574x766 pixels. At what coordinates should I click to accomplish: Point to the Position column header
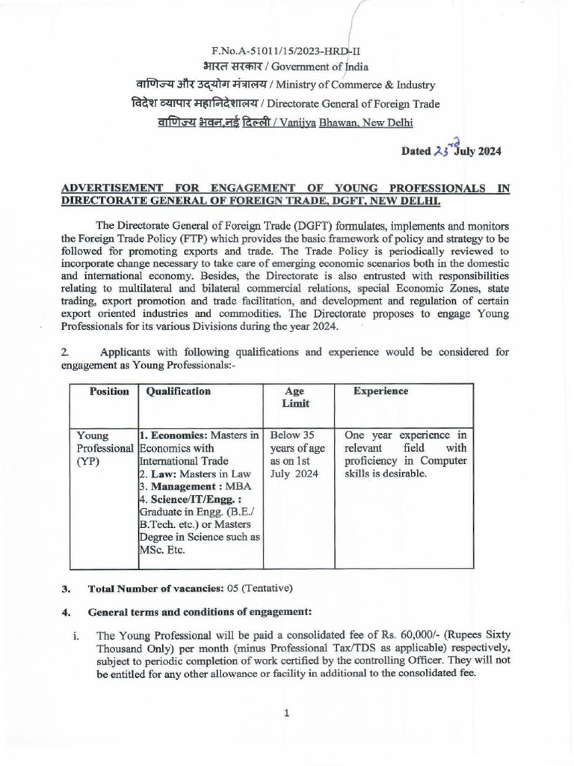pyautogui.click(x=109, y=391)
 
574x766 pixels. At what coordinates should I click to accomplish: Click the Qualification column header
pyautogui.click(x=179, y=391)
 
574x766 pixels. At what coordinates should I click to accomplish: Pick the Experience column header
pyautogui.click(x=380, y=391)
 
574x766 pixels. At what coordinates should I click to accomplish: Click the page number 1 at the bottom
pyautogui.click(x=286, y=713)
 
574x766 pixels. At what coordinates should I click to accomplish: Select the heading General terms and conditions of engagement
pyautogui.click(x=200, y=611)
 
